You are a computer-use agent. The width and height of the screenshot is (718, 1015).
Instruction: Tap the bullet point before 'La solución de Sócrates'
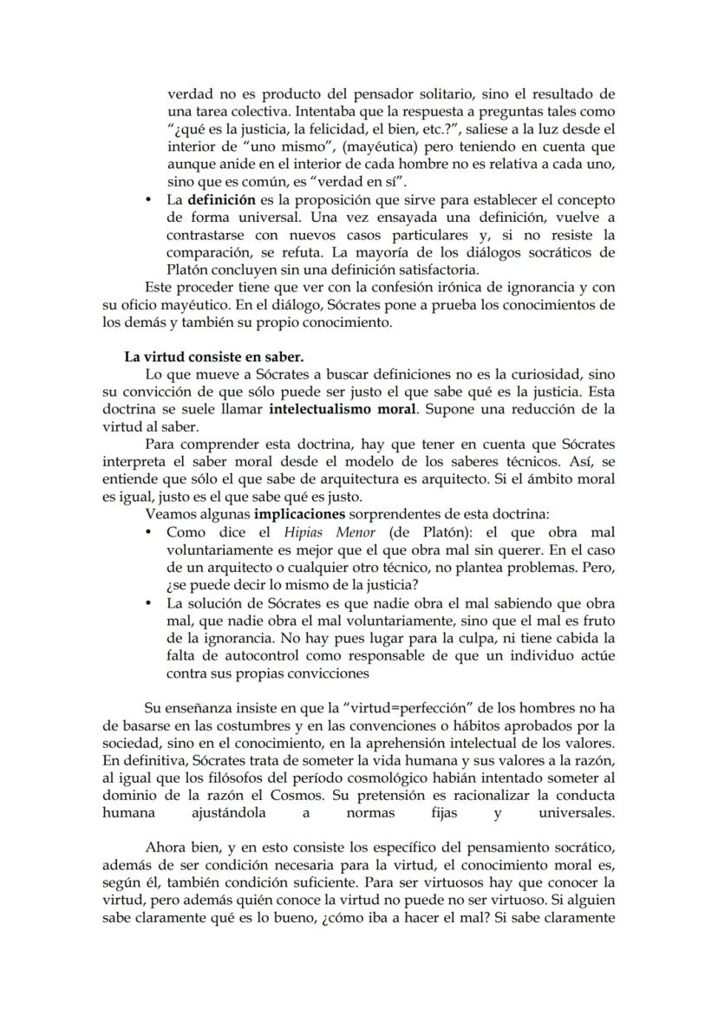152,604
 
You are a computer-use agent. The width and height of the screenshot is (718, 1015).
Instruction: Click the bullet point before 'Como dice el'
152,532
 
